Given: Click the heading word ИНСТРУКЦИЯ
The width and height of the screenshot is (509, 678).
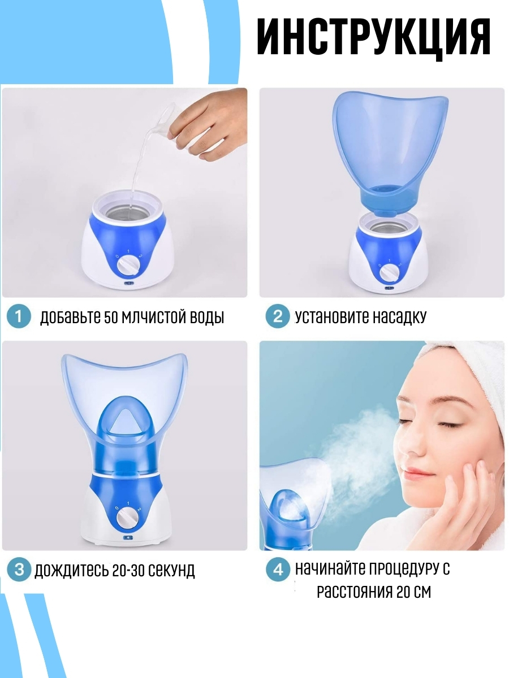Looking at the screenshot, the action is pos(373,38).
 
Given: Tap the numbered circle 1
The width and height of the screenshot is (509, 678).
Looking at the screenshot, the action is pos(19,316).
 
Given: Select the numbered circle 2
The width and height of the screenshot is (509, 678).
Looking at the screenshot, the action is pos(278,316).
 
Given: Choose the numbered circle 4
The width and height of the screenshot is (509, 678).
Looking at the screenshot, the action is pos(278,570).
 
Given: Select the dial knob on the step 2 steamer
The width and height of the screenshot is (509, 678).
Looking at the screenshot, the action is pos(388,274).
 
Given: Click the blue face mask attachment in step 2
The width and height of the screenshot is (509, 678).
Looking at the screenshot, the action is pos(390,153).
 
